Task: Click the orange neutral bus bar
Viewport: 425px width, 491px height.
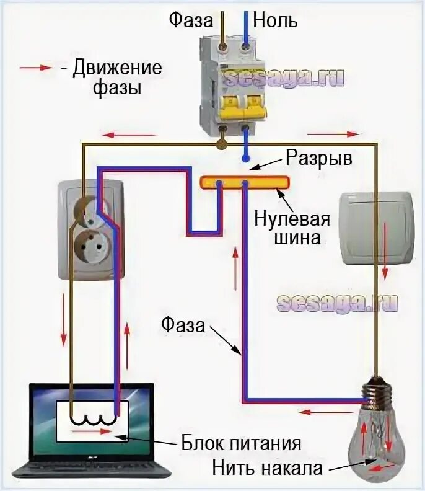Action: (x=244, y=182)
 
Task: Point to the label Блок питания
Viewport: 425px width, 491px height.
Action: (x=241, y=444)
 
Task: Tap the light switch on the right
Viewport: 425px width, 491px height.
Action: (x=376, y=228)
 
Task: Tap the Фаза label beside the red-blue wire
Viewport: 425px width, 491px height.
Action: (x=183, y=324)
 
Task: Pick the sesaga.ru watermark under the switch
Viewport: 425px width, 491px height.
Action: (x=337, y=303)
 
